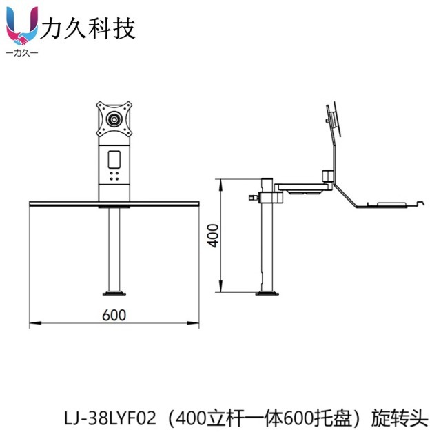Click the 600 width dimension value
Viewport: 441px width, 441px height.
click(x=114, y=315)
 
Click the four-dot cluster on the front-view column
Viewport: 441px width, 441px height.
click(x=114, y=176)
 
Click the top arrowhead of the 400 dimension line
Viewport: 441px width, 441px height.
click(x=220, y=181)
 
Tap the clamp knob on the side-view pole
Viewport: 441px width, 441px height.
click(x=251, y=198)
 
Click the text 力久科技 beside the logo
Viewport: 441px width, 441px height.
click(x=88, y=28)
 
